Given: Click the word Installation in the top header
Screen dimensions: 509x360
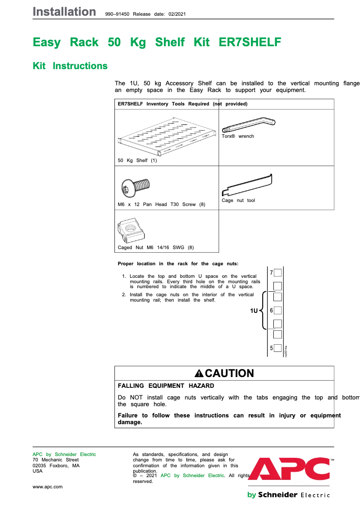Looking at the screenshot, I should point(64,12).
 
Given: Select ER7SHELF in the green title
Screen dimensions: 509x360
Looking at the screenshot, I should point(250,43).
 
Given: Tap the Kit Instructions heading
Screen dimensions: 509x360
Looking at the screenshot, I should point(70,66).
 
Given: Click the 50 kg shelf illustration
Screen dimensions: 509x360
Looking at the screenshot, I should point(166,134).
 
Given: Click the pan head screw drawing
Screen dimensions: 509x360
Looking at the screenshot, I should point(136,185).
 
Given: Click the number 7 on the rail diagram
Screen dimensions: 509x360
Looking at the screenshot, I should point(272,273).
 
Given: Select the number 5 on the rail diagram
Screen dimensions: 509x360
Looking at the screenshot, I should point(272,348).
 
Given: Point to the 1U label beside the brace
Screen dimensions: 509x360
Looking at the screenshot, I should point(254,311).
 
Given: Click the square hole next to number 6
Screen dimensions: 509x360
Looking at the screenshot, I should point(278,310).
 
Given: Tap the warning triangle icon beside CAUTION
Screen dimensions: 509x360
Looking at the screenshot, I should point(199,373).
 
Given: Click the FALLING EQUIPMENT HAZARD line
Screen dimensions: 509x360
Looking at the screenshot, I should point(166,386).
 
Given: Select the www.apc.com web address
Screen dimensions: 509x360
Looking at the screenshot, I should point(48,487).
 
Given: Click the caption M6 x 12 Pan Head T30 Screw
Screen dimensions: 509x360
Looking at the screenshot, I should point(161,204).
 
